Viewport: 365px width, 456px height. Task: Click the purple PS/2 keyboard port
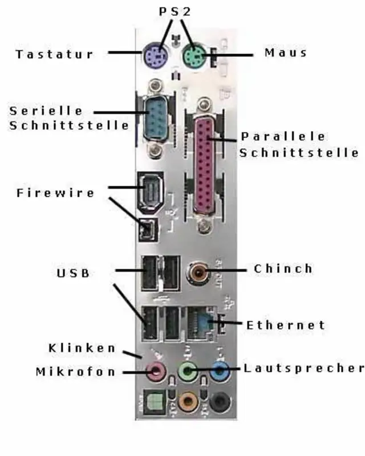click(154, 55)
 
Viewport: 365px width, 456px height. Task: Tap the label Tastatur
click(55, 55)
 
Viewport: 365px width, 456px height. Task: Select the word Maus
click(286, 53)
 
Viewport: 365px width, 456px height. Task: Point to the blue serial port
click(154, 119)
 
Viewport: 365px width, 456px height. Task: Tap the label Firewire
click(55, 193)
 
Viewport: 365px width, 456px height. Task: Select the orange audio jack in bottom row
click(187, 402)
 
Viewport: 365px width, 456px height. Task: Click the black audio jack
click(220, 402)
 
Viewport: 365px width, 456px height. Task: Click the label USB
click(73, 273)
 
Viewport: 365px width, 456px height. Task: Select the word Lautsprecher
click(303, 368)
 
